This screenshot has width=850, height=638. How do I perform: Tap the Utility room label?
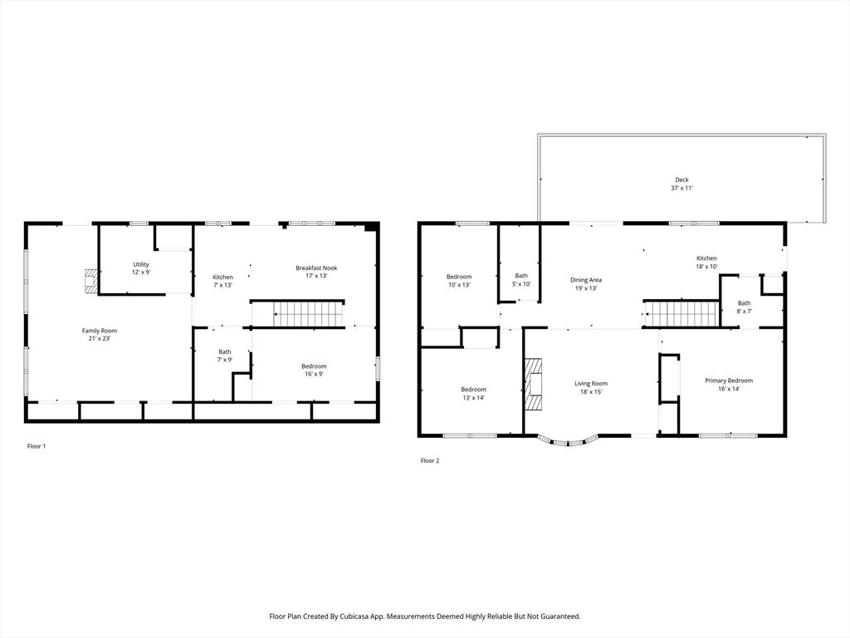(141, 268)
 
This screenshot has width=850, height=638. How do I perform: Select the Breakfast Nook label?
(316, 272)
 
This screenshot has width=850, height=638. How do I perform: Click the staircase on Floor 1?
(308, 314)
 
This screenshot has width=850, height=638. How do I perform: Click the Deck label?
(681, 184)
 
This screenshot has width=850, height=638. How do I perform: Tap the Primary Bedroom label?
(729, 384)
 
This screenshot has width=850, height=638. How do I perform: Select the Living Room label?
(591, 387)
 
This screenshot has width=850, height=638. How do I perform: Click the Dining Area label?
(585, 284)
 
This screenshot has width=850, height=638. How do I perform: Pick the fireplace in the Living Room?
(535, 385)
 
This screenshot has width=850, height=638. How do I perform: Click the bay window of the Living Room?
(568, 440)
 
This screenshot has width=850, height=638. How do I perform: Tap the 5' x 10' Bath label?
(521, 280)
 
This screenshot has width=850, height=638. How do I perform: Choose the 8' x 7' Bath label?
(744, 307)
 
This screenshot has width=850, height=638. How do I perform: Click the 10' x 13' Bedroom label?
(459, 281)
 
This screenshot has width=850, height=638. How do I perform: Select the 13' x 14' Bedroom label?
(473, 393)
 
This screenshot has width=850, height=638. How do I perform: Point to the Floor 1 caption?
(37, 446)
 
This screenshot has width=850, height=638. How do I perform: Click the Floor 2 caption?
(429, 460)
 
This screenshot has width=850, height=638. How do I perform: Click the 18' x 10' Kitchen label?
(706, 263)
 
